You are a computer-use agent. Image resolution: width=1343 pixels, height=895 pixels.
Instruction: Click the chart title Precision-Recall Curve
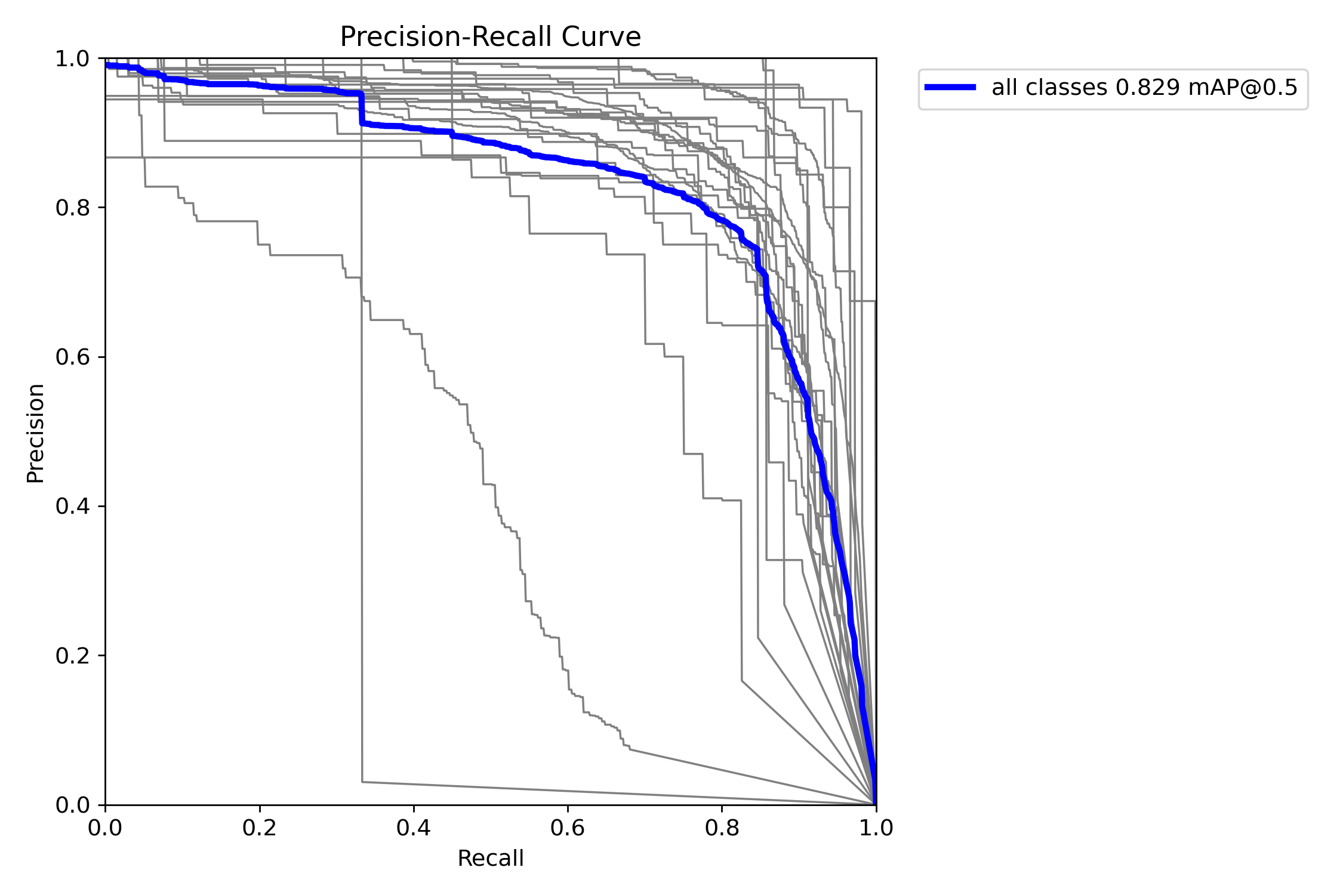490,37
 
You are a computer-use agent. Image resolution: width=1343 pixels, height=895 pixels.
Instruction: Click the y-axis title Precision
35,433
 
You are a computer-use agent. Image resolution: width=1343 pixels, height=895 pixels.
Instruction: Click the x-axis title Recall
490,859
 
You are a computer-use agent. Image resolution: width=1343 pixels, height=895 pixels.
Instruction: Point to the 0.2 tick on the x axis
260,828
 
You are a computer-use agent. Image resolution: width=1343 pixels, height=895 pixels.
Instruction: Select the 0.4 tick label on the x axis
414,828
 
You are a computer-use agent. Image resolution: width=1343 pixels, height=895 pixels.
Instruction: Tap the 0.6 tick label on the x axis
568,828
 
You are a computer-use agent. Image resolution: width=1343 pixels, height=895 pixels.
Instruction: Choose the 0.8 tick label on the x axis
722,828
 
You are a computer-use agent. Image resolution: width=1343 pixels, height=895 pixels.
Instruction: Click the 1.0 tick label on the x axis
876,828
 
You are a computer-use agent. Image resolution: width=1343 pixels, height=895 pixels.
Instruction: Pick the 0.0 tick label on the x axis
106,828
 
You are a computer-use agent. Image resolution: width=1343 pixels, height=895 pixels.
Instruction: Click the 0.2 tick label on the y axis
72,656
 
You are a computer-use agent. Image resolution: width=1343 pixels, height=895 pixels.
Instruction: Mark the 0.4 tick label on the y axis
72,507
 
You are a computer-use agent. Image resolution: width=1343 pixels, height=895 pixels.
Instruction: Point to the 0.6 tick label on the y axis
72,357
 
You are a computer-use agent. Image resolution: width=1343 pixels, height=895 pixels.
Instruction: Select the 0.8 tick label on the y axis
72,208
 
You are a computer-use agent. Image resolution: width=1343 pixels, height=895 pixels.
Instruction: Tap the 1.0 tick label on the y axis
72,59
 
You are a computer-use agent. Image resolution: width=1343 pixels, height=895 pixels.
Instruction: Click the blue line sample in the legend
950,88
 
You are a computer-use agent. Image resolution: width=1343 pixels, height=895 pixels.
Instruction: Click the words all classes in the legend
1049,88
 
